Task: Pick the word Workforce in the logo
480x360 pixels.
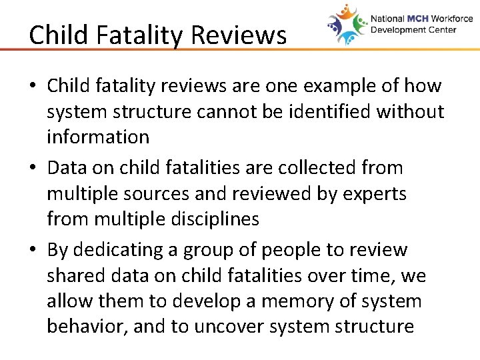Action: (x=450, y=19)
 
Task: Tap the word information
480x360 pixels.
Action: (x=97, y=137)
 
